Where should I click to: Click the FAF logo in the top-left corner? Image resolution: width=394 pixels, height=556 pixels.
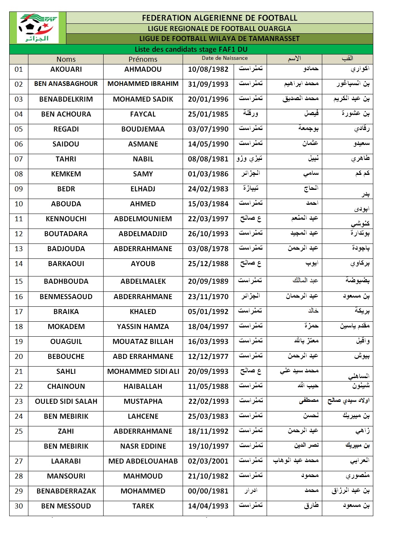pos(38,28)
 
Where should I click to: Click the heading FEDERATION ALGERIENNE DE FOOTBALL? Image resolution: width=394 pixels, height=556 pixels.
pos(219,18)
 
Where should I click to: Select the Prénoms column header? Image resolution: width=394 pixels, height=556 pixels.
pos(143,59)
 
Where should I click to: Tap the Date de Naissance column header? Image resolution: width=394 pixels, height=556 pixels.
pos(224,58)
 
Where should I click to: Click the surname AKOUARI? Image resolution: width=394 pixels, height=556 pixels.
pos(66,69)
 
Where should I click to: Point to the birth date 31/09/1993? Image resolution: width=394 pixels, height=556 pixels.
pos(208,84)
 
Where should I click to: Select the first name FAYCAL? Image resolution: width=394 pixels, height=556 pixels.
pos(143,114)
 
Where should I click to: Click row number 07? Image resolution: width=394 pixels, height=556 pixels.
pos(19,159)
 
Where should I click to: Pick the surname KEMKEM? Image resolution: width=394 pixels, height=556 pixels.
pos(66,174)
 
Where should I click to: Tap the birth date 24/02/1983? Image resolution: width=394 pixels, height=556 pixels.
pos(208,189)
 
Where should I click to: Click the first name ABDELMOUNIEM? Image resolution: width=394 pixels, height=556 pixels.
pos(143,219)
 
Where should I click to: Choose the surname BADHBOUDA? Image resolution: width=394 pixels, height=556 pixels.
pos(66,281)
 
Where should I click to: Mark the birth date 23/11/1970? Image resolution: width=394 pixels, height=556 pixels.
pos(208,297)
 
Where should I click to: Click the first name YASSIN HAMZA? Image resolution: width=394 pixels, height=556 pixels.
pos(143,327)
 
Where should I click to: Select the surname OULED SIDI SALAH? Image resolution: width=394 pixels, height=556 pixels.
pos(66,401)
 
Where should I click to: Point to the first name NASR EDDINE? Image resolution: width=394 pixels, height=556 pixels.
pos(143,446)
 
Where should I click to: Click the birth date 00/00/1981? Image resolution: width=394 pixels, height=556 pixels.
pos(208,491)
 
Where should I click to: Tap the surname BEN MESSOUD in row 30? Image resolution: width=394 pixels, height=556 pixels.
pos(66,506)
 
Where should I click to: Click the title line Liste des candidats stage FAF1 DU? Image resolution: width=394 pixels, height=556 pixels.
pos(191,49)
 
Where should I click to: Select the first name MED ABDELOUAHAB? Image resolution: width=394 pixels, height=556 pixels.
pos(143,461)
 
